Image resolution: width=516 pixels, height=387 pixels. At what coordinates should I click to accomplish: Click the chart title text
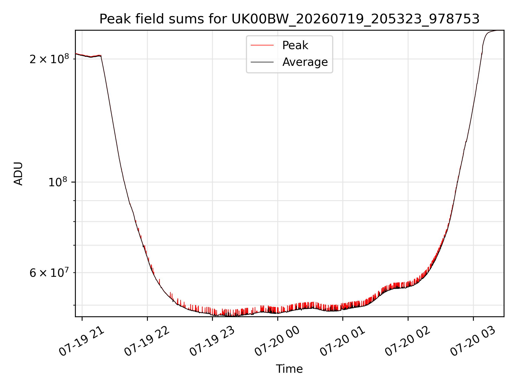(289, 19)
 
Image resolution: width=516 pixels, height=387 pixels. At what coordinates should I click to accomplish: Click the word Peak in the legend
(295, 45)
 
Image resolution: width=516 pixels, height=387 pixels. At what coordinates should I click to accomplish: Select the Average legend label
(305, 62)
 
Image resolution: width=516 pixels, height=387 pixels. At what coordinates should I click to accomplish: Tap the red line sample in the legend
(262, 45)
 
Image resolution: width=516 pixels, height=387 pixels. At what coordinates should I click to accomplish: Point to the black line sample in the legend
(262, 62)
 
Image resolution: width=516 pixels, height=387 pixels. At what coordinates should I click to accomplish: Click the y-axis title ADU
(18, 173)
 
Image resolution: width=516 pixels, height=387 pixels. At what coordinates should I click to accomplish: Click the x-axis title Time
(289, 369)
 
